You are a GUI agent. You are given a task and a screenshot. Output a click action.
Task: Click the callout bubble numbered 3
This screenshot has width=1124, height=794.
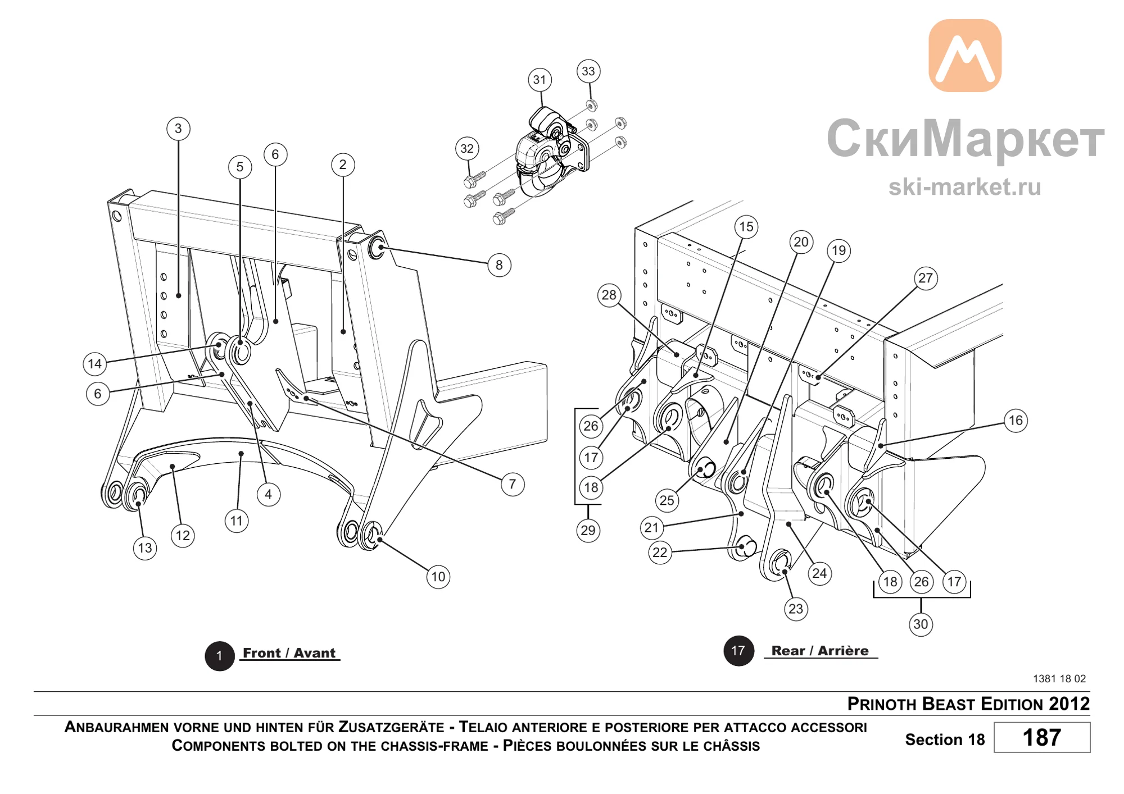coord(178,129)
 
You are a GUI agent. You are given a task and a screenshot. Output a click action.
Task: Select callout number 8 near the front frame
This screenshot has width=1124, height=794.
coord(499,265)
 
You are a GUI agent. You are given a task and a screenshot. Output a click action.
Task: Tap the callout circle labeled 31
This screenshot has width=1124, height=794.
coord(540,80)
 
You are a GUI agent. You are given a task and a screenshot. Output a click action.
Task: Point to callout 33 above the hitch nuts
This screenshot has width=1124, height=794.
coord(588,71)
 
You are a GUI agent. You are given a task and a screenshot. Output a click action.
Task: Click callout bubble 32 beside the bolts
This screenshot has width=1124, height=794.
coord(467,149)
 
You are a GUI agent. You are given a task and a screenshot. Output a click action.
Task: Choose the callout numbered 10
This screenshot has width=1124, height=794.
coord(438,577)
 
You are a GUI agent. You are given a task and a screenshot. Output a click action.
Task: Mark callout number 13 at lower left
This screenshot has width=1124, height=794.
coord(145,548)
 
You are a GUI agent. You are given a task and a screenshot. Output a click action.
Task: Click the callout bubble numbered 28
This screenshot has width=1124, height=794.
coord(609,295)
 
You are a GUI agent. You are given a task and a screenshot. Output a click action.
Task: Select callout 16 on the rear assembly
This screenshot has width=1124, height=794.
coord(1016,421)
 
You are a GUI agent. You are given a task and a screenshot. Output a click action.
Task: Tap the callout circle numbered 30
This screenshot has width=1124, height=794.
coord(921,624)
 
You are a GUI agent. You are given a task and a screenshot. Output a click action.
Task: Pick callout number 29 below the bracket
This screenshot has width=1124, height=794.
coord(588,530)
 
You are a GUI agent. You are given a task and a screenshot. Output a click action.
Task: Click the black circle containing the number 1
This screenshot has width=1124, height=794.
coord(219,656)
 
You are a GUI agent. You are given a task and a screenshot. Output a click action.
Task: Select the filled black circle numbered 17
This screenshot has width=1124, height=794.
coord(738,651)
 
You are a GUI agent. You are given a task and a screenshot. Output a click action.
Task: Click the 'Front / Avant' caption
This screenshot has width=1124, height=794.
coord(289,653)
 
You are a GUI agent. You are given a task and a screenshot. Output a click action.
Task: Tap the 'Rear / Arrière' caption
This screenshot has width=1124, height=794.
coord(820,651)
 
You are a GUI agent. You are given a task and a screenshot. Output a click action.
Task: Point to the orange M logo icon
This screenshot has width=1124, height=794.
coord(965,56)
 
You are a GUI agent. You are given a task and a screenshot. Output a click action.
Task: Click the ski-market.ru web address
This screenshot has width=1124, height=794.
coord(964,186)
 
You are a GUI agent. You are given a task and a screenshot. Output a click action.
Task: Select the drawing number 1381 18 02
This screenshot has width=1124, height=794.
coord(1059,678)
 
